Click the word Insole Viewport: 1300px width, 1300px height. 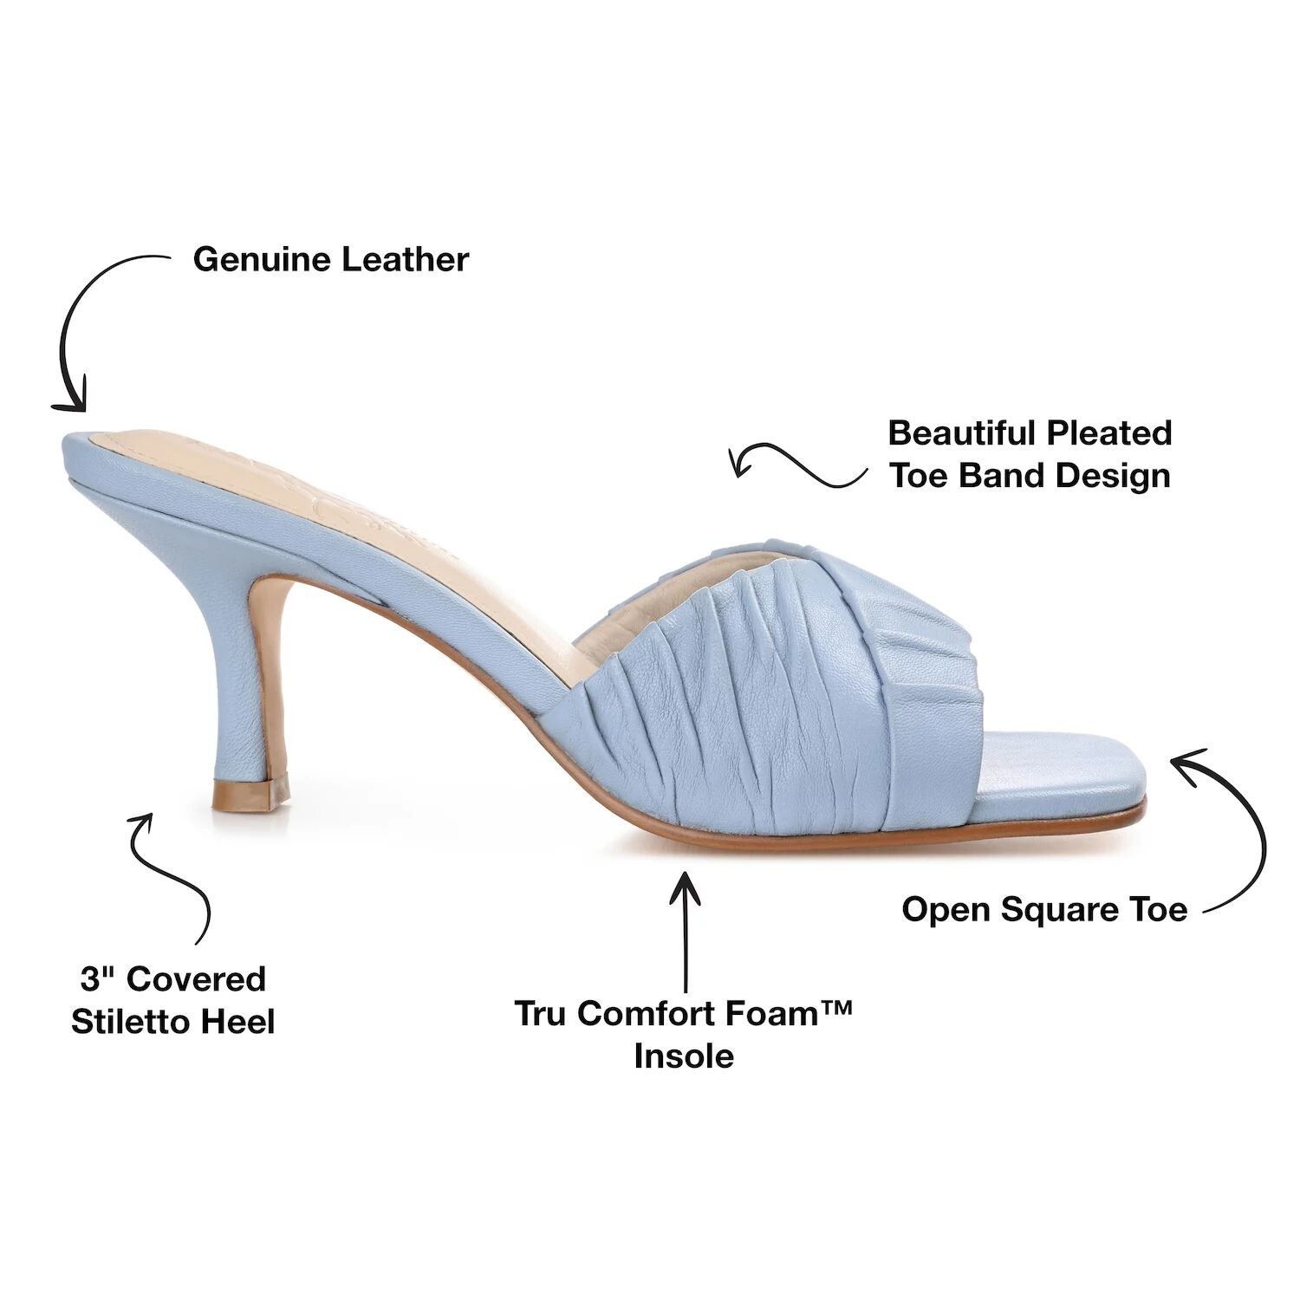pos(684,1056)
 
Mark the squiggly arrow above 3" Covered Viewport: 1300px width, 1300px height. pos(178,875)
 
